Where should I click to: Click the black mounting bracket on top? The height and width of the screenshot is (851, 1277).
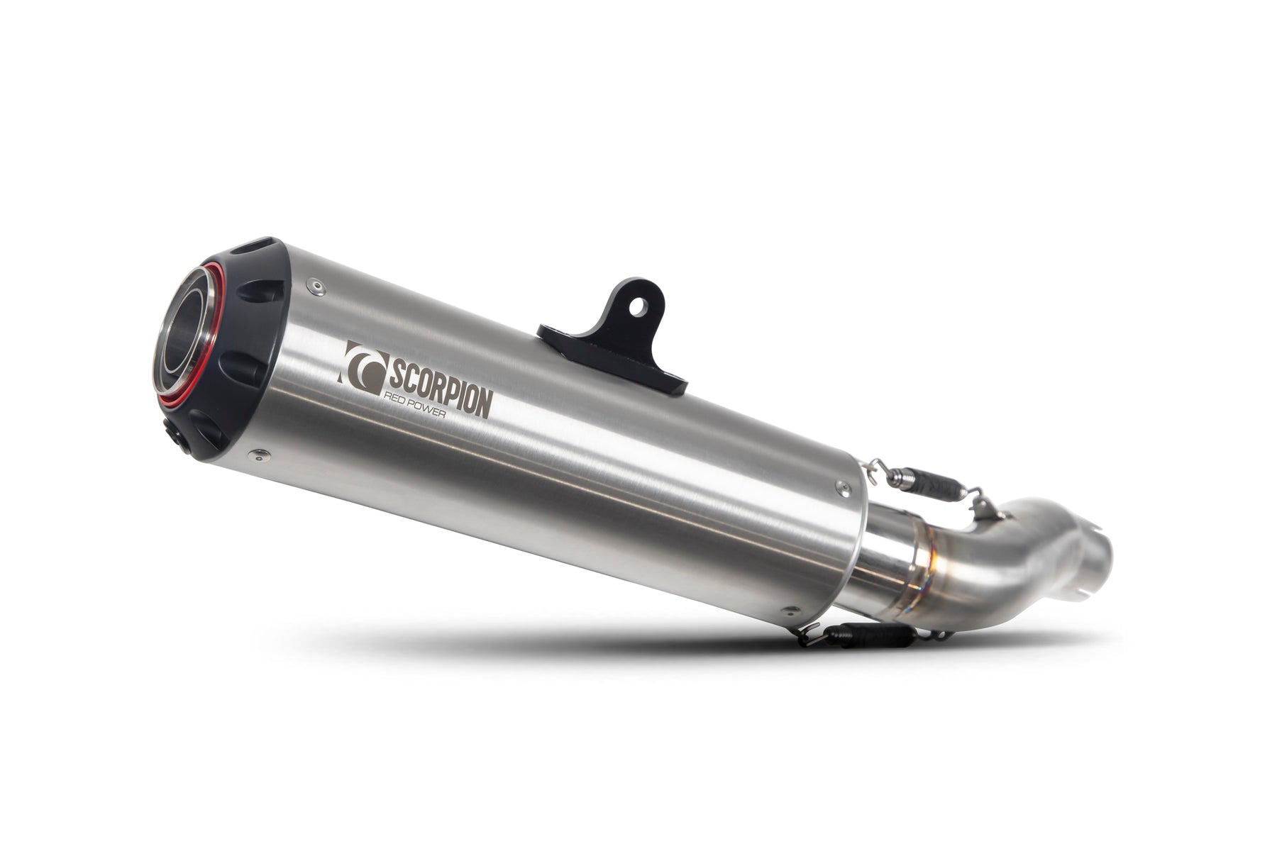tap(617, 340)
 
